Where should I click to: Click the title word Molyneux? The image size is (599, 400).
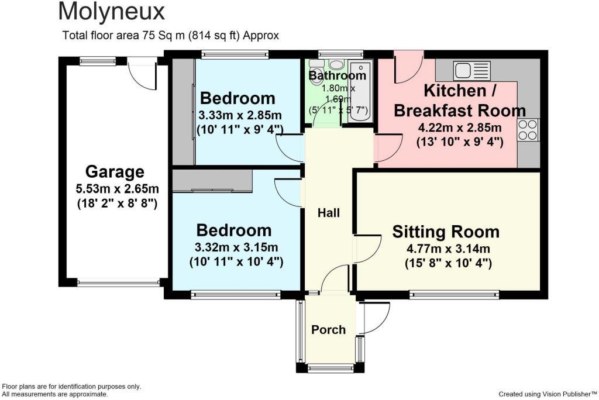point(112,12)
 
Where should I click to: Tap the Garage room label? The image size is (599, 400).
point(115,171)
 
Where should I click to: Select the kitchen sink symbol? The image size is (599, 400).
point(472,70)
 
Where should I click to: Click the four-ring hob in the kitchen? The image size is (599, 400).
point(528,130)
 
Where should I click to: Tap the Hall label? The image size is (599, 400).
point(329,213)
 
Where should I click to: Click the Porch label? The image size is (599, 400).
point(328,330)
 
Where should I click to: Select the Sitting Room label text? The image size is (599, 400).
point(446,232)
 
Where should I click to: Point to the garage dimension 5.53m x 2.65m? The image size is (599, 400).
point(117,189)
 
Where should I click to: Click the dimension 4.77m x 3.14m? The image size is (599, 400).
point(448,249)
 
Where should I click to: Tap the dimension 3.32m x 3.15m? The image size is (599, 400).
point(236,247)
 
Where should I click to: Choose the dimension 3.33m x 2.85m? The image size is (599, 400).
point(240,115)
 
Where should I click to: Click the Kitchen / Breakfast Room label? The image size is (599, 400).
point(460,101)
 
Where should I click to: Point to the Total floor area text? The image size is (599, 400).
point(170,36)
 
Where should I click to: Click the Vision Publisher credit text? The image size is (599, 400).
point(548,394)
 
